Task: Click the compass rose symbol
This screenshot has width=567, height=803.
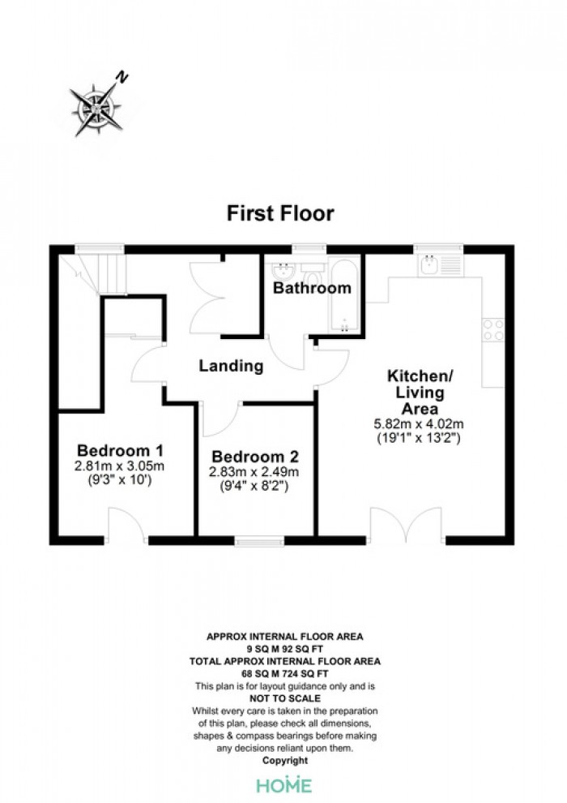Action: pos(96,109)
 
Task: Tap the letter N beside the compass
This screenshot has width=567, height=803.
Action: pos(122,78)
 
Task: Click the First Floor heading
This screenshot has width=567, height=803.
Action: pos(280,213)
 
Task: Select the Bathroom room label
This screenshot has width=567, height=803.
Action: pos(312,288)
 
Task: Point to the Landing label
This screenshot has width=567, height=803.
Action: pos(231,366)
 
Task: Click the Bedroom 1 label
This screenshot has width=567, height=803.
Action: pos(120,451)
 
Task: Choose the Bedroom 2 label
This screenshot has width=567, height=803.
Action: pos(255,457)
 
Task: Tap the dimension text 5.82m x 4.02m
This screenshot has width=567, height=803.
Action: pos(419,424)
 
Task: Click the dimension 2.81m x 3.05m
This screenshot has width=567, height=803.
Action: pos(119,466)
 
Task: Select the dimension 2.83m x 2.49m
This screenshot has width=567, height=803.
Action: pos(254,471)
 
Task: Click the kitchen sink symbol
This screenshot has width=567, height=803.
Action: pos(440,265)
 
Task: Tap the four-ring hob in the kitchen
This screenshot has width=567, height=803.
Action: pos(493,330)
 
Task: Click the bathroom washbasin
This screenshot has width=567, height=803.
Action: pos(282,270)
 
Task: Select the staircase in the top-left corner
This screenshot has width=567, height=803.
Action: pos(93,275)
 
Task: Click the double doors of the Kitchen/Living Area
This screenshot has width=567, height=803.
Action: pos(406,525)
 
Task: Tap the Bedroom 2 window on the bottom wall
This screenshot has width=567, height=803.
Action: pos(259,541)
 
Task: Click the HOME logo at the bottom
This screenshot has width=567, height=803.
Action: pos(283,784)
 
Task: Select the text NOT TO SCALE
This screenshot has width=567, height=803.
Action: pos(285,698)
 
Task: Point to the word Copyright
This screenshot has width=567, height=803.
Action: pos(285,761)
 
